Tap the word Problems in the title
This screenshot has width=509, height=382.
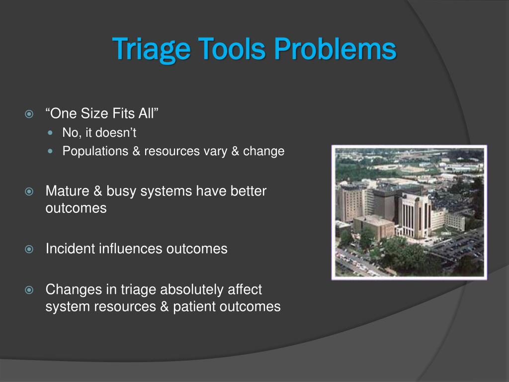(335, 49)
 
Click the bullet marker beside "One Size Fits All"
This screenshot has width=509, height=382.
(29, 114)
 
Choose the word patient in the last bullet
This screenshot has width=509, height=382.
(194, 307)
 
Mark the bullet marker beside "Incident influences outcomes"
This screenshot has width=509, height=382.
(29, 249)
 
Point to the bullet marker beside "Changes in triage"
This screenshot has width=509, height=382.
(29, 289)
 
